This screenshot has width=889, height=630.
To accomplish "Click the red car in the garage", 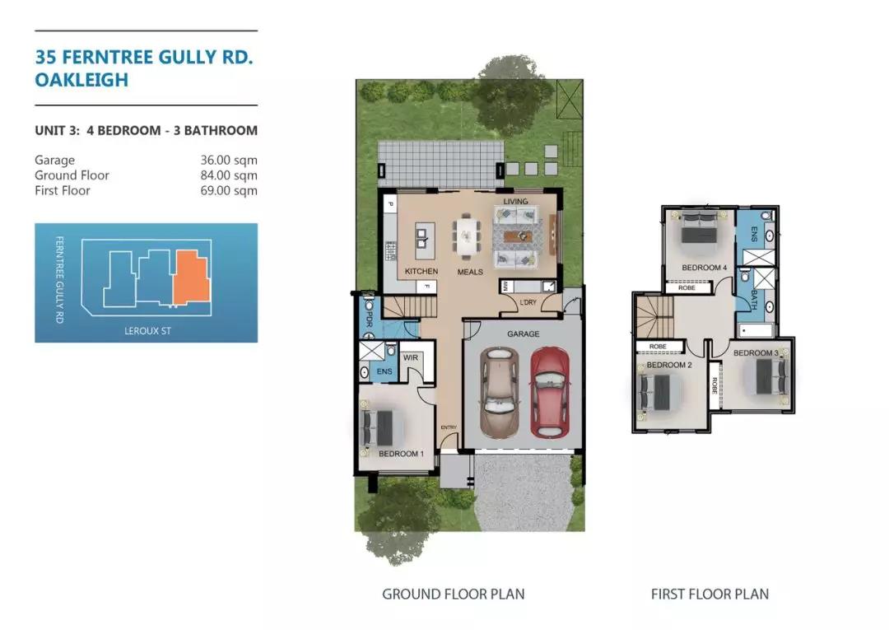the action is pyautogui.click(x=549, y=392).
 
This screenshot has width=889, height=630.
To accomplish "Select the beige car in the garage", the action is pyautogui.click(x=500, y=392).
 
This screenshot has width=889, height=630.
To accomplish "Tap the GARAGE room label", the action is pyautogui.click(x=524, y=334).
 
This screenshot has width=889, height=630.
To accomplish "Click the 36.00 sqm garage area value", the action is pyautogui.click(x=229, y=161).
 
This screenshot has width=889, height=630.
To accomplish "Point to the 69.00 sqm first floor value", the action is pyautogui.click(x=229, y=190).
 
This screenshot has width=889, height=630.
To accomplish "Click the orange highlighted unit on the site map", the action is pyautogui.click(x=192, y=277).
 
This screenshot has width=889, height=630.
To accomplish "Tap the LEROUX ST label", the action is pyautogui.click(x=147, y=331).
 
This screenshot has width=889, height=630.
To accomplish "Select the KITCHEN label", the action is pyautogui.click(x=421, y=272).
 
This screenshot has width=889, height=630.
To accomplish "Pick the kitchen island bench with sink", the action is pyautogui.click(x=421, y=238).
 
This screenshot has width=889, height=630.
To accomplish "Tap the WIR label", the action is pyautogui.click(x=411, y=357).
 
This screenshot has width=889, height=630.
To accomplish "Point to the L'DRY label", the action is pyautogui.click(x=528, y=303).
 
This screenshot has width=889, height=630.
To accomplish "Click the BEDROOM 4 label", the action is pyautogui.click(x=704, y=268).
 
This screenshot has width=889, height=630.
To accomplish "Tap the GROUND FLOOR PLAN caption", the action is pyautogui.click(x=453, y=595).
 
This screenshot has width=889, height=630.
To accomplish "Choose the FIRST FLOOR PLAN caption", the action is pyautogui.click(x=710, y=595).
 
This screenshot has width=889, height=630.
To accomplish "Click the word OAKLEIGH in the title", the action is pyautogui.click(x=81, y=80).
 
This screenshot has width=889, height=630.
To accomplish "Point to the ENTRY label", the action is pyautogui.click(x=449, y=427).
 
